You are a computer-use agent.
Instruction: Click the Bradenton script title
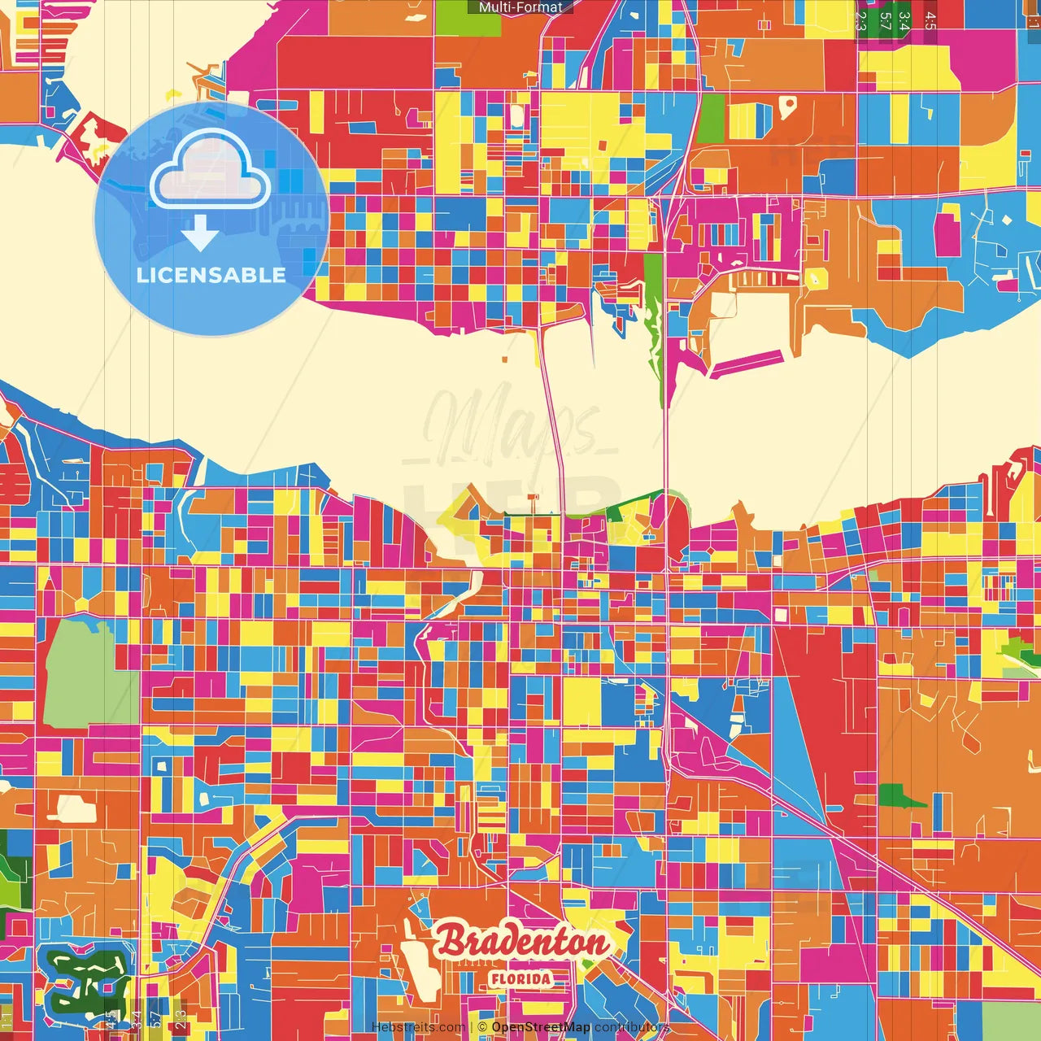[x=522, y=942]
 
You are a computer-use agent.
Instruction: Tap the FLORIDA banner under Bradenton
[x=520, y=978]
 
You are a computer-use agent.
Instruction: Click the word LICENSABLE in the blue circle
[x=211, y=275]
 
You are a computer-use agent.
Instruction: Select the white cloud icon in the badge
[x=210, y=172]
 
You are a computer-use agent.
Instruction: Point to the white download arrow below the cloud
[x=199, y=233]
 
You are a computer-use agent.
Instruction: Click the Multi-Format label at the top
[x=520, y=7]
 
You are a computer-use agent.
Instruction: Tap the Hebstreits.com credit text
[x=418, y=1027]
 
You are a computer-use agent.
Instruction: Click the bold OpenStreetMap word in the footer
[x=541, y=1027]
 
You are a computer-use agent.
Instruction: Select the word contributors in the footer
[x=632, y=1027]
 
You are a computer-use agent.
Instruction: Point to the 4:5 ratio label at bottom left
[x=111, y=1019]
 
